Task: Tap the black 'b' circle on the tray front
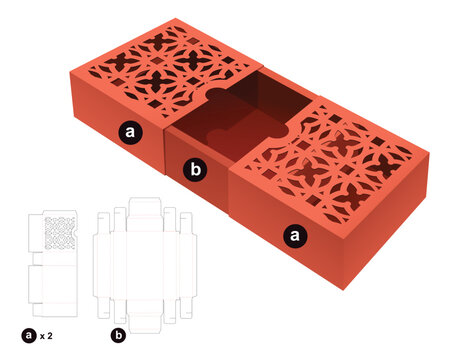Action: click(196, 171)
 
